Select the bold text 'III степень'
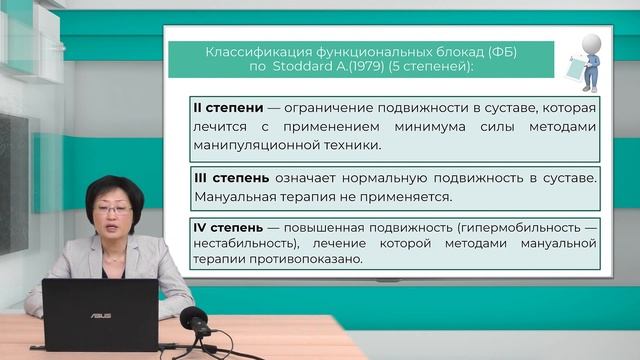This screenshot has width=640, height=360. point(230,178)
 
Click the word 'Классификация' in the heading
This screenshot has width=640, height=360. point(248,51)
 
